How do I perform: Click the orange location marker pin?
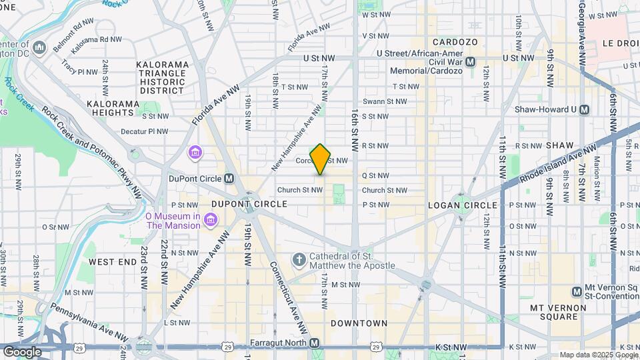320,159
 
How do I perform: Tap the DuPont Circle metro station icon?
229,179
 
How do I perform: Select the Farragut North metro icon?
315,343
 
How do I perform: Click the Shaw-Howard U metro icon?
585,109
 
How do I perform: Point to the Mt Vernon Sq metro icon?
577,291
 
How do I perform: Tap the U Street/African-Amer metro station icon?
471,61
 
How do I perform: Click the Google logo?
21,351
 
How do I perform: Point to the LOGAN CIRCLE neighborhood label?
462,205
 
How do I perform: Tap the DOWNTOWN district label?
359,323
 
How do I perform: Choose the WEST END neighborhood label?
112,262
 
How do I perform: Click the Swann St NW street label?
384,101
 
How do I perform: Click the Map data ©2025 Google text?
598,355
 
